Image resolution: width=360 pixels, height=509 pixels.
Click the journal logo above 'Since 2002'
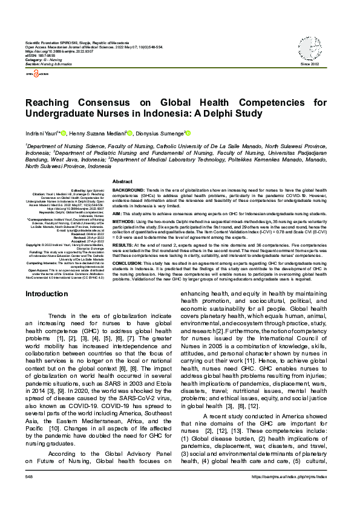click(x=309, y=47)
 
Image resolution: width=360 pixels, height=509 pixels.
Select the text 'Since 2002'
click(x=309, y=65)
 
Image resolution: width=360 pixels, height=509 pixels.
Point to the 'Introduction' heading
click(x=47, y=294)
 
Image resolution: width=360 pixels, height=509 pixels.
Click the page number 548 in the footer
click(x=29, y=493)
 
